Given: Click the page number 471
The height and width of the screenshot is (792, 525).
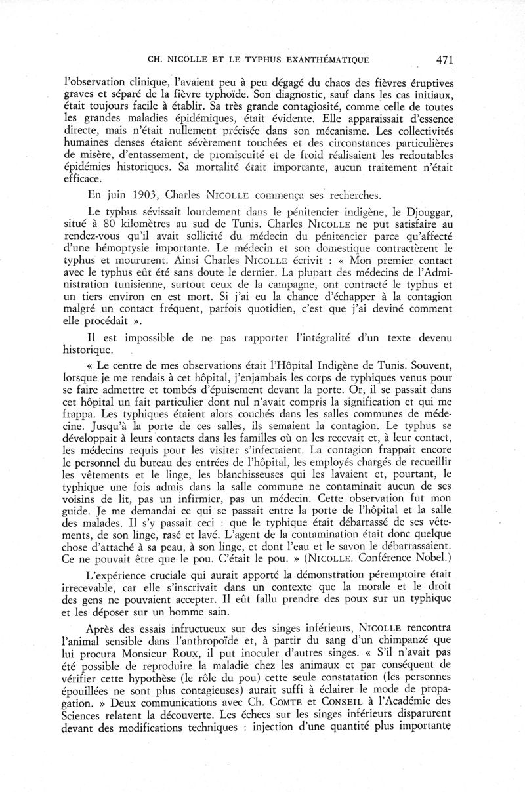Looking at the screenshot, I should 444,60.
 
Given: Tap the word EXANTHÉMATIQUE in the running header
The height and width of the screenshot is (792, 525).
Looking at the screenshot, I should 321,60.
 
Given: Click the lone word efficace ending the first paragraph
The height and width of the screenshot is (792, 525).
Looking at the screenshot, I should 83,178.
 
